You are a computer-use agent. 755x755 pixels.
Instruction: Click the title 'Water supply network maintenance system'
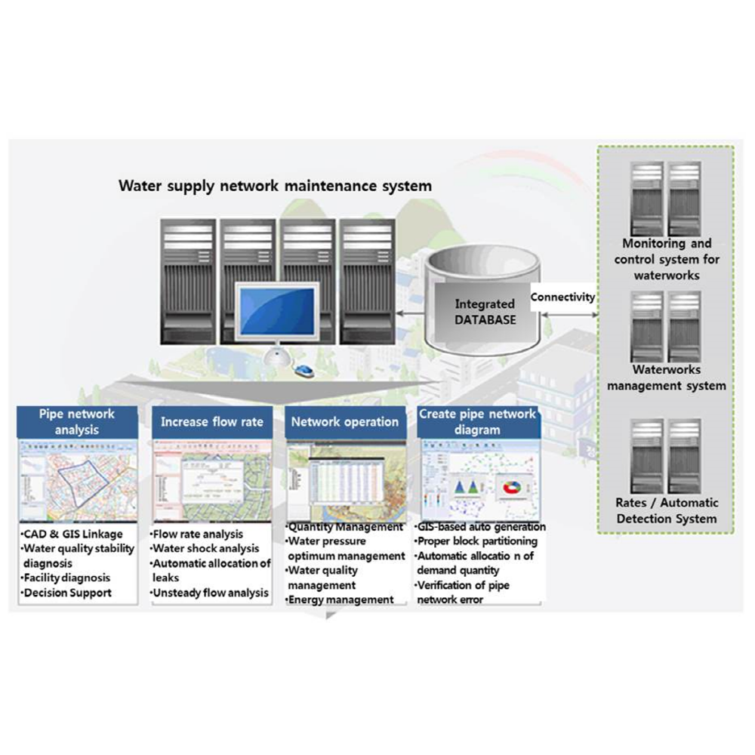tap(276, 186)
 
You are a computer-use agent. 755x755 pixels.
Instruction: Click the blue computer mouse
tap(304, 371)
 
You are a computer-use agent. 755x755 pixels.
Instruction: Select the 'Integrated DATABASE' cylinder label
tap(485, 312)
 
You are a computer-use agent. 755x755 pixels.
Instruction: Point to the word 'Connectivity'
tap(562, 297)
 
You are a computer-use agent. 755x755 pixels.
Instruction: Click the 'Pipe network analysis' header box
tap(76, 422)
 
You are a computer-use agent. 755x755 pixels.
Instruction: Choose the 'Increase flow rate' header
tap(211, 422)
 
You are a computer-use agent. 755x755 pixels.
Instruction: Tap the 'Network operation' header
tap(345, 422)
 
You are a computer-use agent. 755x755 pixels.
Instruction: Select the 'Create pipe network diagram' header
tap(478, 422)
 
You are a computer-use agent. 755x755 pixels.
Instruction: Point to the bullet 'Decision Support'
tap(69, 593)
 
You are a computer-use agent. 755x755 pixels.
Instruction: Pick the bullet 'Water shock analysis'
tap(207, 549)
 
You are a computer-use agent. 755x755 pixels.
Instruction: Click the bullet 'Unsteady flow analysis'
tap(211, 593)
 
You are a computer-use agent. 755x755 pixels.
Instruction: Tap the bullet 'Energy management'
tap(342, 599)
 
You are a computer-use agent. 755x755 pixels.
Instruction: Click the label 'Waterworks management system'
tap(666, 377)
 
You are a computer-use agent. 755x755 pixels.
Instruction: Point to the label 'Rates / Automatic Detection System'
tap(666, 510)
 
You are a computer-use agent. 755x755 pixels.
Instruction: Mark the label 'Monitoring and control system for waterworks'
tap(666, 259)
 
